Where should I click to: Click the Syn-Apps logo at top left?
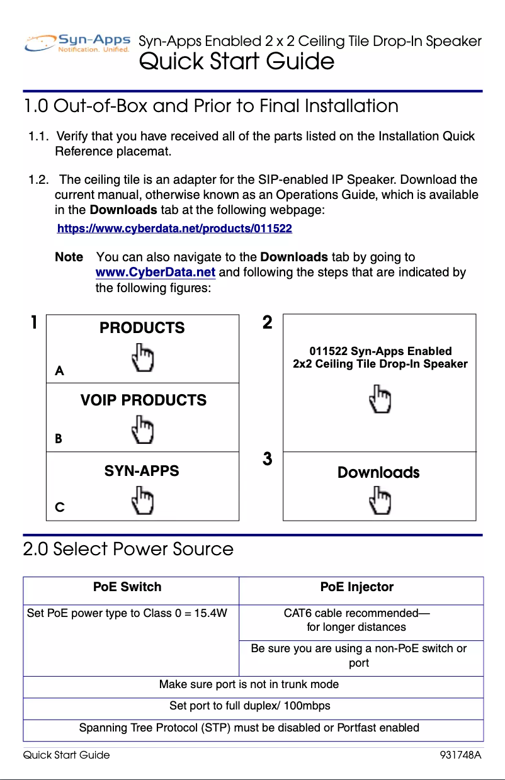tap(77, 43)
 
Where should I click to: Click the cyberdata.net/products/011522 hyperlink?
tap(174, 229)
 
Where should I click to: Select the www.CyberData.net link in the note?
tap(155, 273)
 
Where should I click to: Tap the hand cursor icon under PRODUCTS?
tap(143, 357)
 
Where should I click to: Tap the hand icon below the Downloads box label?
tap(380, 501)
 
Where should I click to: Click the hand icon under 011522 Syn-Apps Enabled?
tap(380, 399)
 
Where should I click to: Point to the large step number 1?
tap(34, 323)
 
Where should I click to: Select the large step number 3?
tap(268, 459)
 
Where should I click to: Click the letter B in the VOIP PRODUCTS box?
tap(59, 439)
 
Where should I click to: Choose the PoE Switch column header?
tap(127, 587)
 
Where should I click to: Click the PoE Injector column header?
tap(356, 587)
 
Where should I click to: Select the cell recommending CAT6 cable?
tap(356, 619)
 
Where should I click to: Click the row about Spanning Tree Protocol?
tap(249, 728)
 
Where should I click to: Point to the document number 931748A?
tap(460, 755)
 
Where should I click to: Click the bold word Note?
tap(69, 257)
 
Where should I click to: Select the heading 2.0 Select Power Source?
tap(128, 549)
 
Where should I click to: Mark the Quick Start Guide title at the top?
tap(236, 62)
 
